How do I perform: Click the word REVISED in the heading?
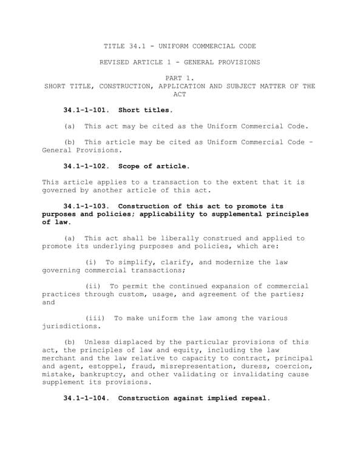[x=115, y=62]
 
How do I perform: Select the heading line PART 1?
[x=180, y=78]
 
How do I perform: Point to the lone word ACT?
[x=180, y=94]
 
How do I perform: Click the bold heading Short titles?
[x=145, y=110]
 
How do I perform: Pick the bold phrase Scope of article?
[x=154, y=166]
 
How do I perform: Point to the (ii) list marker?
[x=93, y=286]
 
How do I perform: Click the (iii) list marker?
[x=95, y=319]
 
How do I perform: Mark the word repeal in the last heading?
[x=253, y=398]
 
